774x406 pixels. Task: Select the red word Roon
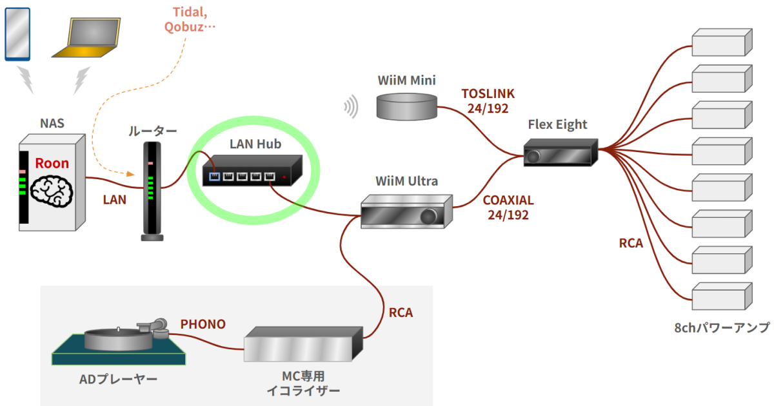pyautogui.click(x=52, y=163)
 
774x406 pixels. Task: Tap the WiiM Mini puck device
pyautogui.click(x=407, y=106)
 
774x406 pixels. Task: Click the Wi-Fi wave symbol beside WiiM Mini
pyautogui.click(x=352, y=107)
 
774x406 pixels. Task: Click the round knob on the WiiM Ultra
pyautogui.click(x=429, y=217)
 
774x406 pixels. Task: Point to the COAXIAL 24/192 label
pyautogui.click(x=508, y=207)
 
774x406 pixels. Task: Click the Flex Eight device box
pyautogui.click(x=558, y=153)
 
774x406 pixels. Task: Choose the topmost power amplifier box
pyautogui.click(x=721, y=44)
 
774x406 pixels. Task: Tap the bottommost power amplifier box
pyautogui.click(x=721, y=298)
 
